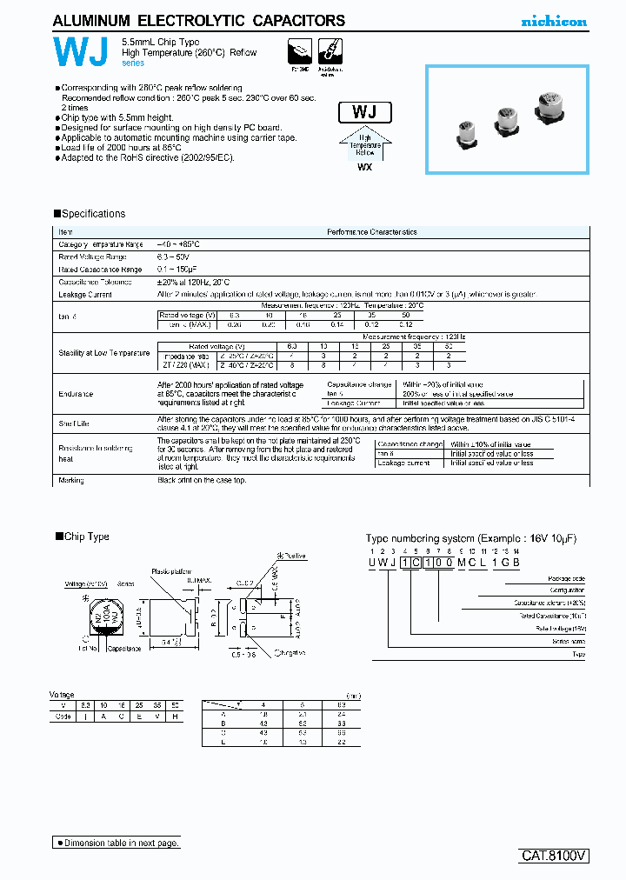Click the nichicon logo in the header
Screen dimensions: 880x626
pos(554,22)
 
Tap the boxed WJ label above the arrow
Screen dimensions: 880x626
pos(363,112)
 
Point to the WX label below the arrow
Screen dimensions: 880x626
pos(364,167)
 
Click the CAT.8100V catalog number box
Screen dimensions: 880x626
pos(555,855)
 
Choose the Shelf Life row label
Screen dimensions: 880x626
pos(73,423)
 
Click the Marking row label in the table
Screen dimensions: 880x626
pos(71,480)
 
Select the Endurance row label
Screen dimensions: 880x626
pos(76,394)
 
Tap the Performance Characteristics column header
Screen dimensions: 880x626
pos(371,232)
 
